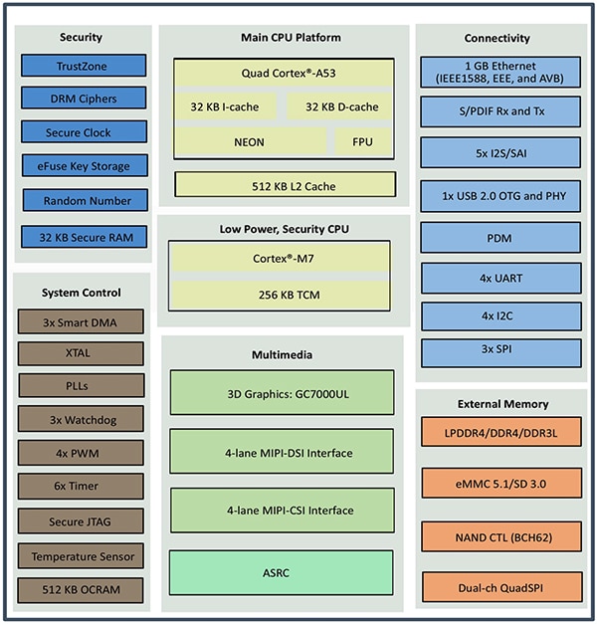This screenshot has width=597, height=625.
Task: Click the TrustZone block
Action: [85, 66]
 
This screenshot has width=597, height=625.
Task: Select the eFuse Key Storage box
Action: [85, 166]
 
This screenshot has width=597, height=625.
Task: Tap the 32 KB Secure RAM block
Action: [85, 237]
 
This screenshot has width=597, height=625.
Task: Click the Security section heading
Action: [81, 38]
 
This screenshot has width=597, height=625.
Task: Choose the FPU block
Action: [362, 141]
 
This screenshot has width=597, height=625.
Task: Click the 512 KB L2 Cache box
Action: [285, 184]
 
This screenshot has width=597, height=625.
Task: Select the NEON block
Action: [249, 141]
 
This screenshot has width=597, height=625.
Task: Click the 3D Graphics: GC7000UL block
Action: [282, 393]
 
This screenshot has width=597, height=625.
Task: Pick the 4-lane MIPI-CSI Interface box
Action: [282, 511]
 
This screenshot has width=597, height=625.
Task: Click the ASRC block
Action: [282, 572]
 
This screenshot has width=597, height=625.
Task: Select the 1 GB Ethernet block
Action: [500, 72]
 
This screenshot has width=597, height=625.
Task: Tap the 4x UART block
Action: [500, 278]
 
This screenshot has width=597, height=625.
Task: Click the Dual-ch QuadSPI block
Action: [500, 586]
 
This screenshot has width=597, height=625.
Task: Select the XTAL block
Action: [81, 352]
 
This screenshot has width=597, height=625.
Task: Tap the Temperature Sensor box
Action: [81, 556]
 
